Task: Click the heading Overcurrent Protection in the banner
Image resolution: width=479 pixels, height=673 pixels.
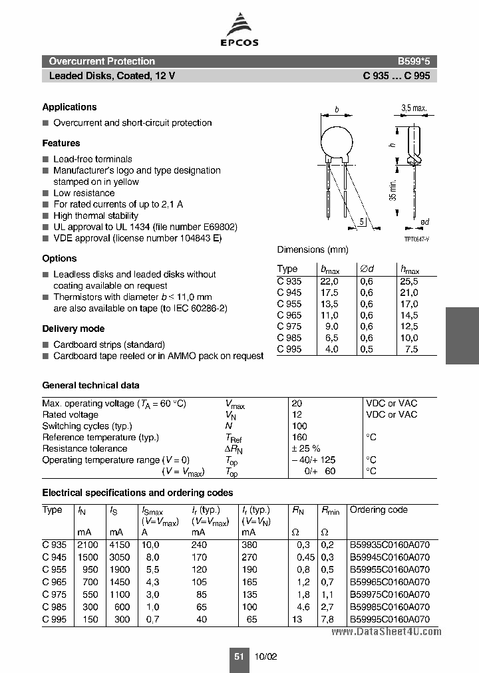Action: click(102, 61)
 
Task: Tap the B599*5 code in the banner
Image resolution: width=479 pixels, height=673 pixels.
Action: click(414, 61)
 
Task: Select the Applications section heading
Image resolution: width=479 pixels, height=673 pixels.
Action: click(69, 107)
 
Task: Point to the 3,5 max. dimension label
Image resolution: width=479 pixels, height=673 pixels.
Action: click(413, 108)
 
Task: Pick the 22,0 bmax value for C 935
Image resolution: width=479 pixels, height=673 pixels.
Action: click(329, 281)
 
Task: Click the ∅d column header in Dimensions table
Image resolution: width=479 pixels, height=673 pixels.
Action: click(367, 269)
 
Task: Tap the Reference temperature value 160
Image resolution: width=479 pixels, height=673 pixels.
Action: click(299, 437)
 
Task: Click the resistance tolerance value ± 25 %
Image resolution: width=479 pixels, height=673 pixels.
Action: click(306, 448)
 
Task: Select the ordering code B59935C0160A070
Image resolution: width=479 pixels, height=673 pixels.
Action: click(390, 543)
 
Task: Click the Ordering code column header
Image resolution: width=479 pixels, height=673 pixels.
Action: click(379, 510)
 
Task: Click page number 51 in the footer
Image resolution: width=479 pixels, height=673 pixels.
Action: click(238, 656)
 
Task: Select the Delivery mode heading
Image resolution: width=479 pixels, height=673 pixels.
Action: click(73, 329)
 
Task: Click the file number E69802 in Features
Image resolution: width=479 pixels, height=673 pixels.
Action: click(215, 227)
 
